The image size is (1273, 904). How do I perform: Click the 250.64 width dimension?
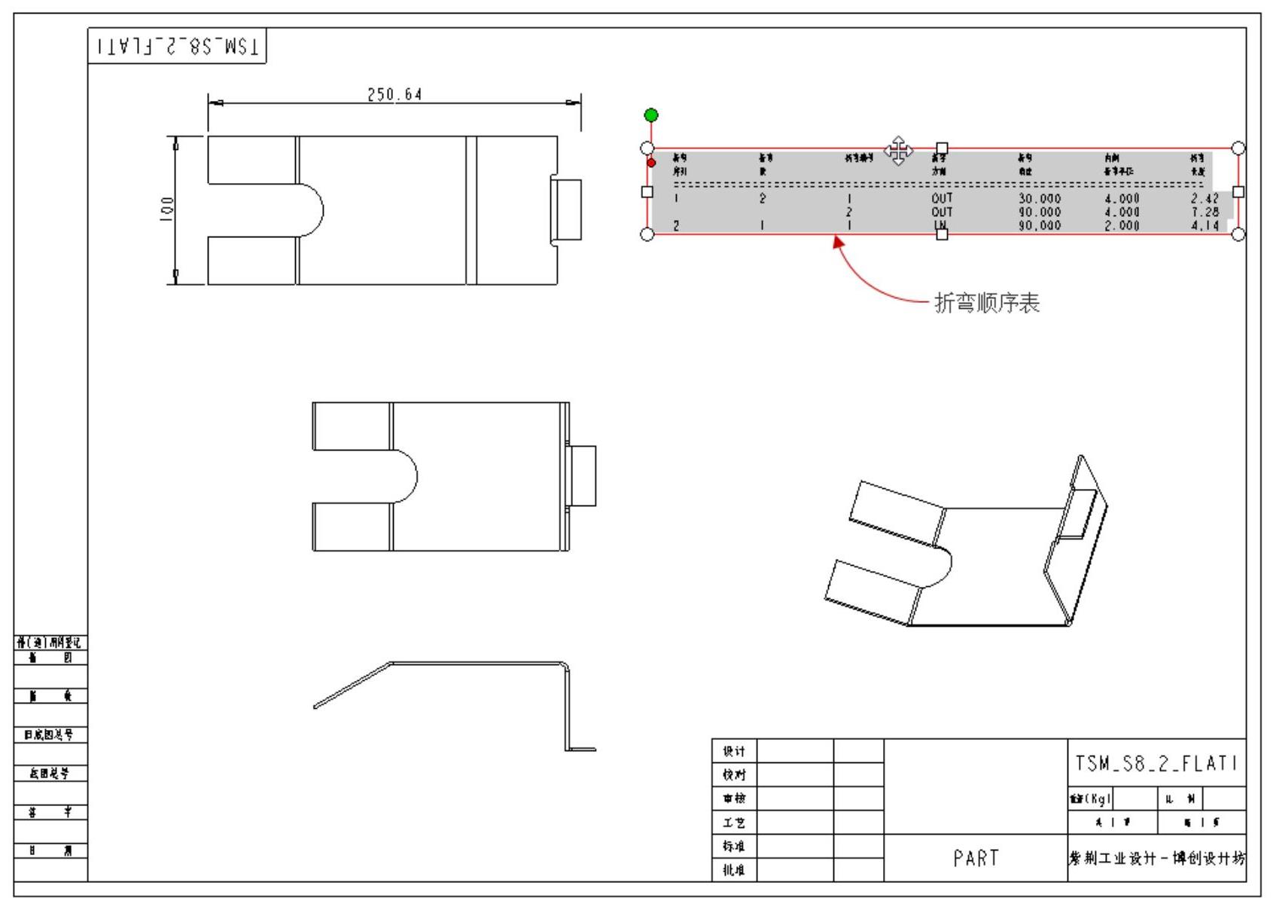(394, 95)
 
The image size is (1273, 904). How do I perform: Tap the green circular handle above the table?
(651, 115)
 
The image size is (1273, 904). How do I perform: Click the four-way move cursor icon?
(898, 151)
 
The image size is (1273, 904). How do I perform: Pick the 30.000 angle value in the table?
(1040, 199)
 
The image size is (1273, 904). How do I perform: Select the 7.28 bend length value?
(1204, 212)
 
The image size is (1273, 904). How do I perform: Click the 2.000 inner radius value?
(1122, 225)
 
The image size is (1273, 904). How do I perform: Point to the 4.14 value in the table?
(1204, 225)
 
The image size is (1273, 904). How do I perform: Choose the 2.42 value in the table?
(1204, 199)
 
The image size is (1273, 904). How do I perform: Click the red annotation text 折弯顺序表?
(987, 304)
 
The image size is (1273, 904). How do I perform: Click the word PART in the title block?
(976, 858)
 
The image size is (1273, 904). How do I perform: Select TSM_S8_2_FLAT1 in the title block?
(1156, 763)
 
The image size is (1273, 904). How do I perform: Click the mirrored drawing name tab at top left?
(177, 47)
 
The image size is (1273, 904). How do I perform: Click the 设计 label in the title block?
(734, 751)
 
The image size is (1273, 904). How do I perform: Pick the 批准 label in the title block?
(734, 870)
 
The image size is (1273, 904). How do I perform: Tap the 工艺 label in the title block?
(734, 823)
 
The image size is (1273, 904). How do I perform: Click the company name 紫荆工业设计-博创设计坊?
(1156, 859)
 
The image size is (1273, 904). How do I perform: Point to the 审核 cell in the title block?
(734, 799)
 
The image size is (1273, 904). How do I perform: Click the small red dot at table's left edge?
(651, 163)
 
